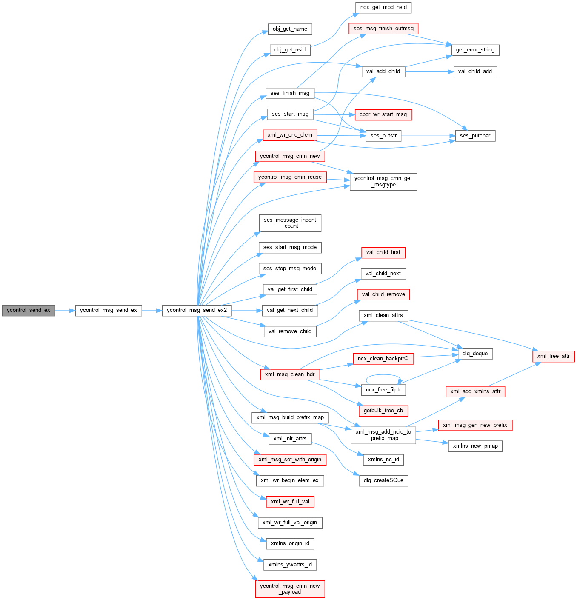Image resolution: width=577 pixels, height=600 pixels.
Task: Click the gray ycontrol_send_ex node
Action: coord(29,311)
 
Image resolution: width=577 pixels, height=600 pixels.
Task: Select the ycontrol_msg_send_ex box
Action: coord(109,311)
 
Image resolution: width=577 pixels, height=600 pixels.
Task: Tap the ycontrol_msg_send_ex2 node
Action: coord(197,311)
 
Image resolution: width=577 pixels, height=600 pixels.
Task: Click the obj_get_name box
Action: coord(290,29)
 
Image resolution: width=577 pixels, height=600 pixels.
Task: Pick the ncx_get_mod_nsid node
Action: coord(383,8)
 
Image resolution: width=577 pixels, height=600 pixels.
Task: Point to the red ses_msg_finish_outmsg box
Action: coord(383,29)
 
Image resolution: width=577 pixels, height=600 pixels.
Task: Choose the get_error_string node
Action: coord(475,50)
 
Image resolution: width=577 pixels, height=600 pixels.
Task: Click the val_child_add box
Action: coord(475,72)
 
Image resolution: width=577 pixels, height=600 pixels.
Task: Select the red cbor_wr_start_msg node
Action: coord(383,115)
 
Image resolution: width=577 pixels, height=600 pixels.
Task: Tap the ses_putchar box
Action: coord(475,136)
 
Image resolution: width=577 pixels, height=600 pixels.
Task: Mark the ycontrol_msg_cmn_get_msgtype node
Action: coord(383,182)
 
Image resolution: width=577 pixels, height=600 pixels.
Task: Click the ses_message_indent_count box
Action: coord(290,223)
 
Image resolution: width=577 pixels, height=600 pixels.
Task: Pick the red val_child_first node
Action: coord(383,253)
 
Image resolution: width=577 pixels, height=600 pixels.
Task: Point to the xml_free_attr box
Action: coord(553,357)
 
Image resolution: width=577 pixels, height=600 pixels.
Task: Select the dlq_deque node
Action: coord(475,354)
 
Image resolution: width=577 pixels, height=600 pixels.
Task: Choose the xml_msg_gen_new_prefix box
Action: coord(475,426)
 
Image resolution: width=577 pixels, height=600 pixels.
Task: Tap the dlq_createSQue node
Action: coord(383,481)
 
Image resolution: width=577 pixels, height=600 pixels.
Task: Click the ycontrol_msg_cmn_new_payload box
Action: coord(290,589)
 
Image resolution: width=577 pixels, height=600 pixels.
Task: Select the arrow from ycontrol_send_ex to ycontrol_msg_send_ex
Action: coord(65,311)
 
